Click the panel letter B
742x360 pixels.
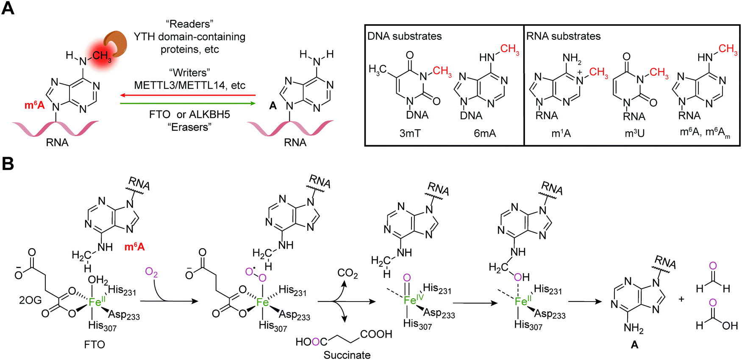tap(8, 164)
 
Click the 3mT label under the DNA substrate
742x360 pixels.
tap(410, 133)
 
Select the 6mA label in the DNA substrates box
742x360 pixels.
tap(485, 133)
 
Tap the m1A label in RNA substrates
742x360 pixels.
tap(561, 133)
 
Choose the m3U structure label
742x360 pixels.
tap(634, 133)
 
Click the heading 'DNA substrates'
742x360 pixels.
tap(404, 36)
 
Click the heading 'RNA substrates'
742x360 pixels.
tap(563, 36)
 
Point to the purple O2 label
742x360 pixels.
tap(151, 272)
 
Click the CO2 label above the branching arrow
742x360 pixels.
tap(347, 274)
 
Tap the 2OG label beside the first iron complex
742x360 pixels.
tap(31, 300)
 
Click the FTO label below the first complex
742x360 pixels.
tap(94, 344)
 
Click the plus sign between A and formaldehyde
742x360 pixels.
tap(681, 299)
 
